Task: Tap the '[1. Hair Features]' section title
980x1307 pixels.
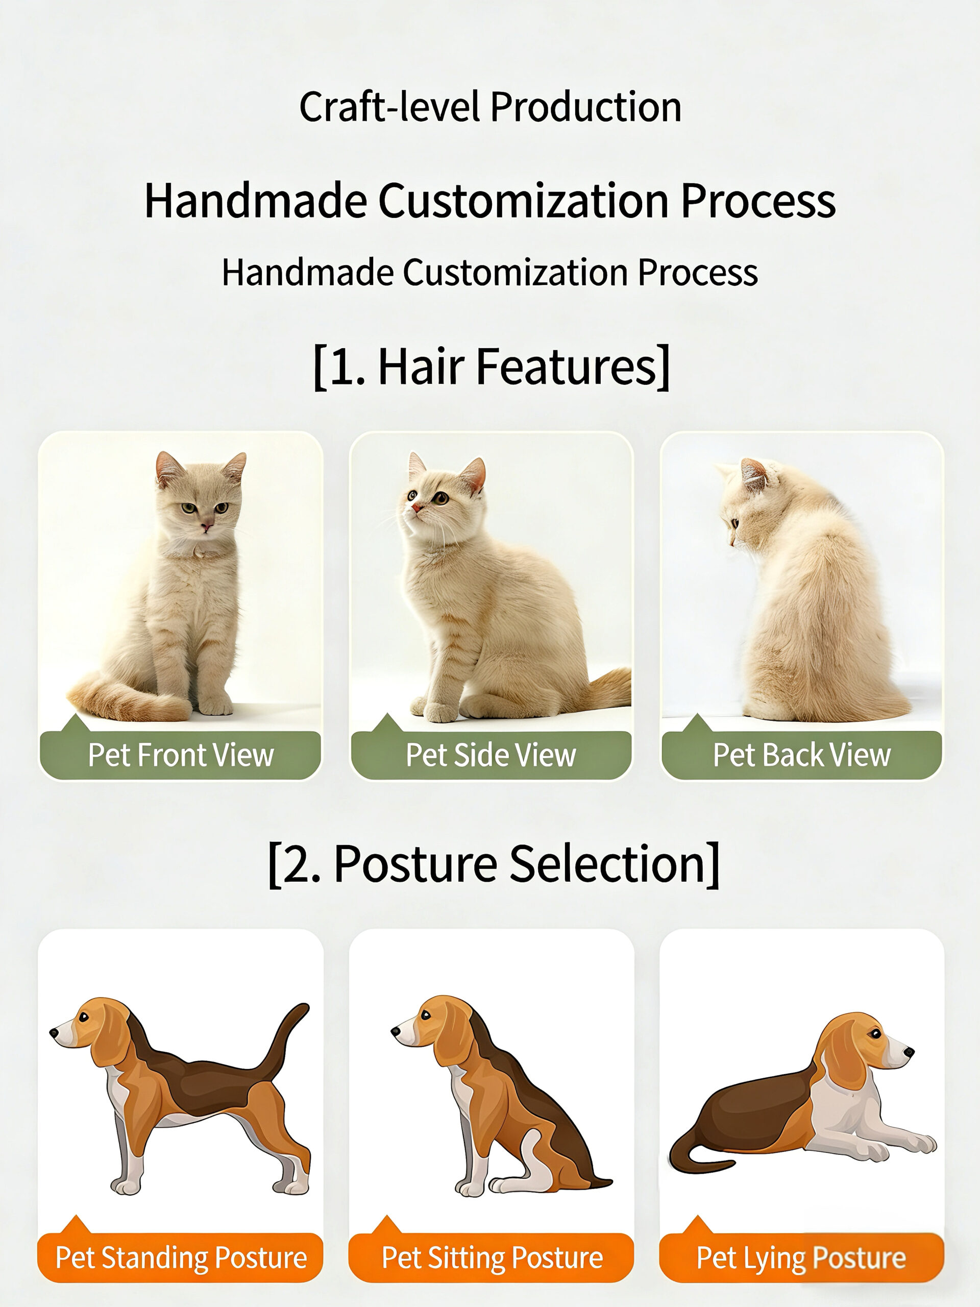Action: coord(492,367)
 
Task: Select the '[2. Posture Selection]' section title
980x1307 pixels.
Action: coord(494,864)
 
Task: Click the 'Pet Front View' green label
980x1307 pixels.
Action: coord(181,755)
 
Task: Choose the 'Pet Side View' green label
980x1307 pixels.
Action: coord(491,755)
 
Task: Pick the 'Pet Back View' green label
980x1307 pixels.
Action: coord(801,755)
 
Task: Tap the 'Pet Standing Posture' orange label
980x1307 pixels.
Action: coord(181,1257)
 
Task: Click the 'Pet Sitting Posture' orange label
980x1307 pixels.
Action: coord(492,1257)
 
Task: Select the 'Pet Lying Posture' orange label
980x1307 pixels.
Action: coord(801,1257)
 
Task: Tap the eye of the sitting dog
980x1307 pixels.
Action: coord(424,1015)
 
